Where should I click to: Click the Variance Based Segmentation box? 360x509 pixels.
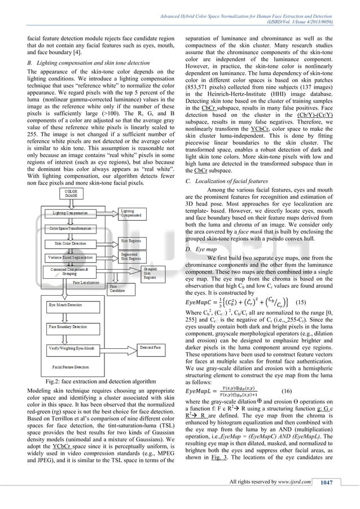click(x=74, y=256)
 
